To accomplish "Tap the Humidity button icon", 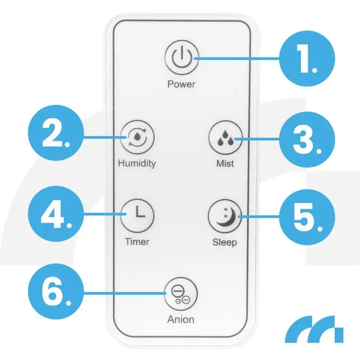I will coord(138,138).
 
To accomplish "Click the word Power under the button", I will coord(181,84).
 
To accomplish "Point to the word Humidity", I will coord(137,163).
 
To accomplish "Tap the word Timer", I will coord(137,241).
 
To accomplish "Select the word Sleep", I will coord(224,241).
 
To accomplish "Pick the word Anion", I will coord(181,319).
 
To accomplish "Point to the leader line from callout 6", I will coord(125,293).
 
